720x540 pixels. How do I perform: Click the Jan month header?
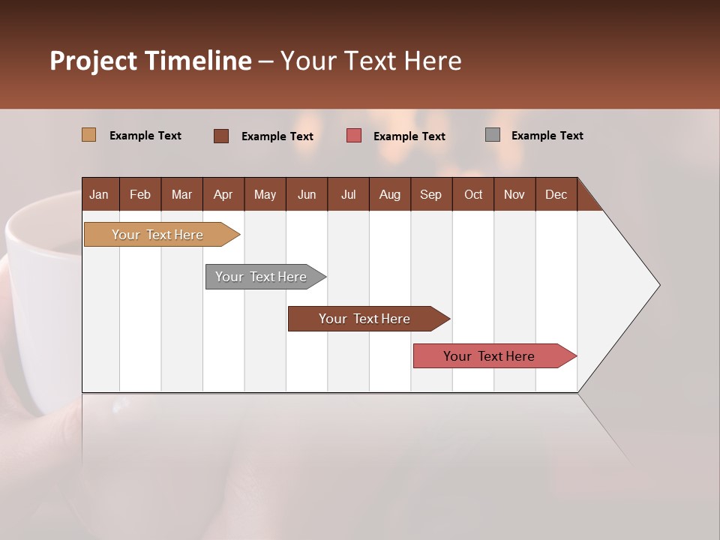tap(99, 194)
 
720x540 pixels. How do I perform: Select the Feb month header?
tap(140, 194)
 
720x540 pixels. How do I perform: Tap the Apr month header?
tap(223, 194)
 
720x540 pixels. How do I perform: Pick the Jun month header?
tap(307, 194)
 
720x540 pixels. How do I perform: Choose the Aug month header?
tap(389, 194)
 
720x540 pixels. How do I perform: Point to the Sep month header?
tap(430, 194)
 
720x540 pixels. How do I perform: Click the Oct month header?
tap(473, 194)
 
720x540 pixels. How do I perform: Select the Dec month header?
tap(556, 194)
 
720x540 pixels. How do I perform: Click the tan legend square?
tap(88, 135)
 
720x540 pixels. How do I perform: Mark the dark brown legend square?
tap(220, 136)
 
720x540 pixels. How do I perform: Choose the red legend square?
tap(354, 136)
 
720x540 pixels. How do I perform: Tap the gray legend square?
tap(492, 135)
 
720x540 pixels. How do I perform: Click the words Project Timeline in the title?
tap(150, 61)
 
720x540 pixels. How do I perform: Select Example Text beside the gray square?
tap(547, 136)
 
